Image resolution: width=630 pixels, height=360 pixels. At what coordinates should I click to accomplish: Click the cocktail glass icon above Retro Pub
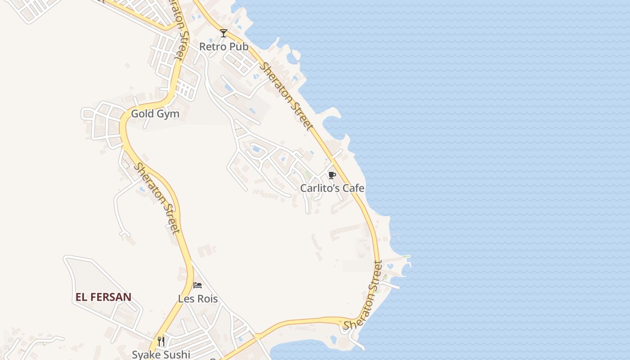pyautogui.click(x=224, y=33)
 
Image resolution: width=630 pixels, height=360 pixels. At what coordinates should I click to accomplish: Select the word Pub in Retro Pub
pyautogui.click(x=239, y=46)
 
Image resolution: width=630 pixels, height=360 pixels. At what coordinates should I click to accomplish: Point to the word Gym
pyautogui.click(x=167, y=114)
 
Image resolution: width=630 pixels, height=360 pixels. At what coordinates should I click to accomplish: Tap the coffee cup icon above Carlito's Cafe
pyautogui.click(x=332, y=175)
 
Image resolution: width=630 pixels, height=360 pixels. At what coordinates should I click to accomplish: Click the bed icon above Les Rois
pyautogui.click(x=198, y=285)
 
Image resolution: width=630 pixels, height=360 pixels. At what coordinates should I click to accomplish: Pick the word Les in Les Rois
pyautogui.click(x=185, y=299)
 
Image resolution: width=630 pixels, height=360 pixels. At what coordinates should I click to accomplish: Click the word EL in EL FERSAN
pyautogui.click(x=81, y=297)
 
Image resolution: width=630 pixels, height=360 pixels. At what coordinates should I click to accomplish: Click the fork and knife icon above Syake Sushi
pyautogui.click(x=161, y=341)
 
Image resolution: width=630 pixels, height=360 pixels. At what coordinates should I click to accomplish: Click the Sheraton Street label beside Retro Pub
pyautogui.click(x=287, y=96)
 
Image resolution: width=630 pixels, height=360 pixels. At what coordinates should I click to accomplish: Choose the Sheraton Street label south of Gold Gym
pyautogui.click(x=157, y=198)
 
